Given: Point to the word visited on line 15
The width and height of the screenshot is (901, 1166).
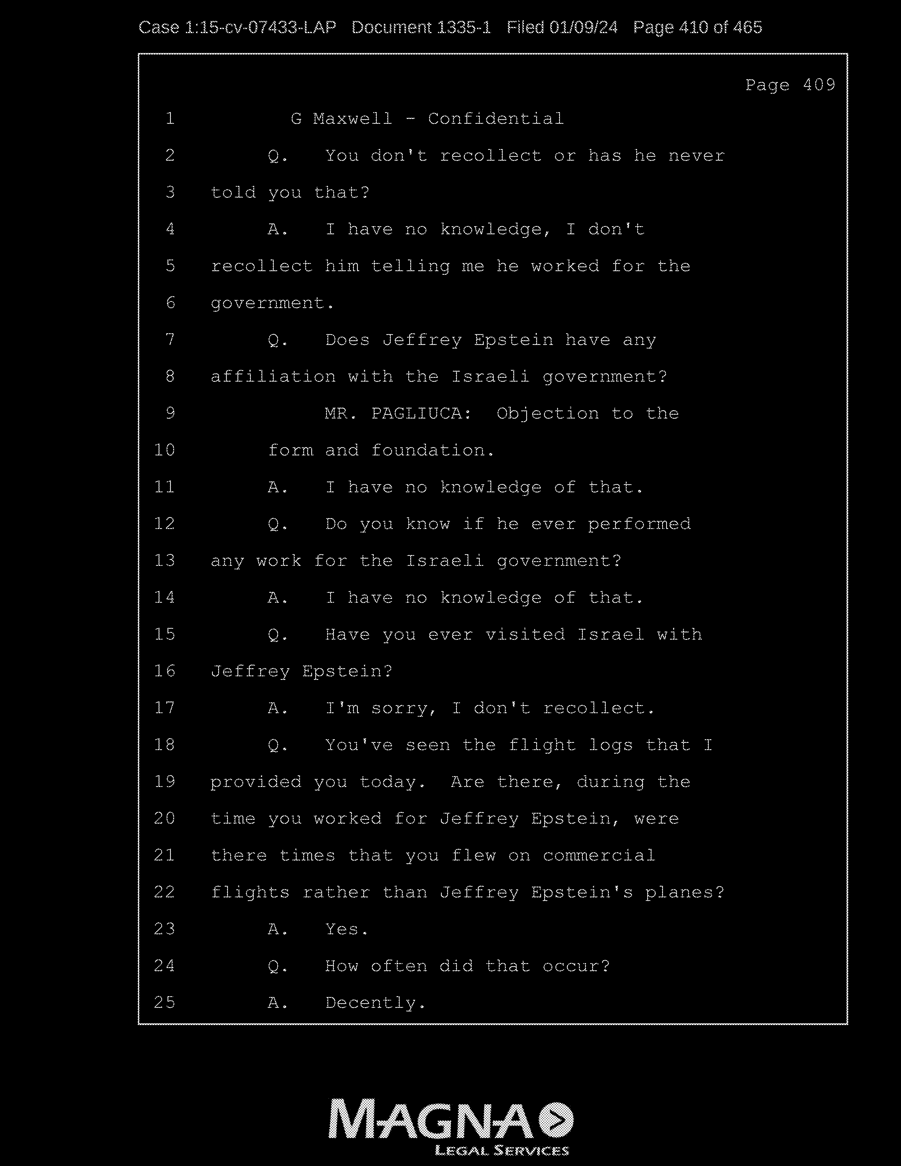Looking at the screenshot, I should [525, 635].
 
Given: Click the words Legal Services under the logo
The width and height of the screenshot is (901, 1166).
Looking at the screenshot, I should [502, 1151].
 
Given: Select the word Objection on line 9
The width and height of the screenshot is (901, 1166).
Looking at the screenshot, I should [548, 414].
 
